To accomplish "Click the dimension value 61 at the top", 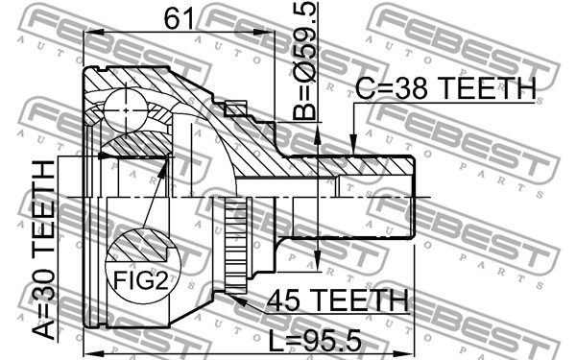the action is click(179, 18).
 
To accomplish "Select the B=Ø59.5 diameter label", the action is click(305, 61).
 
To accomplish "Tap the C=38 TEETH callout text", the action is click(446, 88).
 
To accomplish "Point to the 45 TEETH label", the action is click(338, 300).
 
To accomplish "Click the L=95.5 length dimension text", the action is click(315, 340).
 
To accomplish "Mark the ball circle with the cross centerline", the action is click(126, 110).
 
